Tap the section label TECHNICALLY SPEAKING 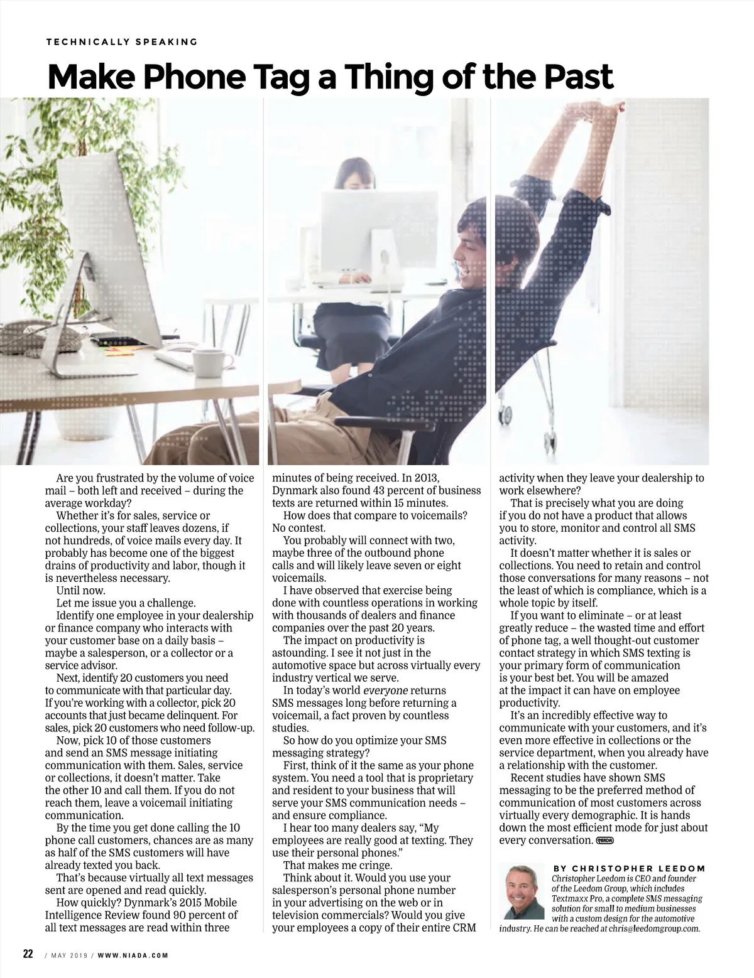tap(122, 42)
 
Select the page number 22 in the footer tap(28, 954)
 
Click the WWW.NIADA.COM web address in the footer tap(133, 955)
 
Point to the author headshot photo tap(523, 891)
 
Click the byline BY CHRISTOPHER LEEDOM tap(629, 868)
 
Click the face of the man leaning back tap(471, 257)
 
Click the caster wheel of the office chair tap(504, 414)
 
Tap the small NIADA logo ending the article tap(604, 840)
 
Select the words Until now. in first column tap(81, 591)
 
